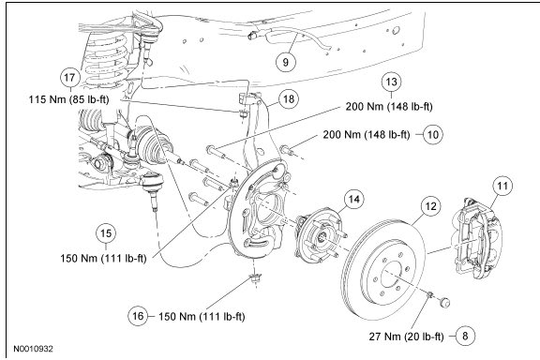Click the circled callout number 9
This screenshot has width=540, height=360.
(x=286, y=62)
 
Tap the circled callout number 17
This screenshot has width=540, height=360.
(x=69, y=77)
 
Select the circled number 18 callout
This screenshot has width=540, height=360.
(x=289, y=98)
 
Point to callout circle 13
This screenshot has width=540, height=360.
(x=392, y=82)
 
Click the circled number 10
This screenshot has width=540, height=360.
(x=432, y=134)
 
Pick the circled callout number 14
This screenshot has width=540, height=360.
(x=354, y=199)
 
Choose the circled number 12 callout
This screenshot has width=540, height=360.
(x=430, y=206)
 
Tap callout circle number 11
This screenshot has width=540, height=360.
(x=502, y=186)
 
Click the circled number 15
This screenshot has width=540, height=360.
(x=106, y=233)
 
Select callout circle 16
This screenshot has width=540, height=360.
(x=138, y=316)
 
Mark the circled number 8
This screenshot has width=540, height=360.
(x=465, y=336)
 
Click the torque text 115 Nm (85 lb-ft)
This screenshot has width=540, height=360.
(x=68, y=99)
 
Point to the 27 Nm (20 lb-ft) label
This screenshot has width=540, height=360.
(x=406, y=337)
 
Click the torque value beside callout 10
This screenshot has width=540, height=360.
(x=367, y=134)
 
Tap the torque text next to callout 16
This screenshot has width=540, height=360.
(x=202, y=316)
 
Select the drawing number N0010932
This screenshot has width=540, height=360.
(x=34, y=349)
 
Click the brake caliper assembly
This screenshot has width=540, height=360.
(x=477, y=238)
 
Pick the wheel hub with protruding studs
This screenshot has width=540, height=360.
(x=319, y=236)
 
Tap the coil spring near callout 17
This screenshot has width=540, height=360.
(x=105, y=58)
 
